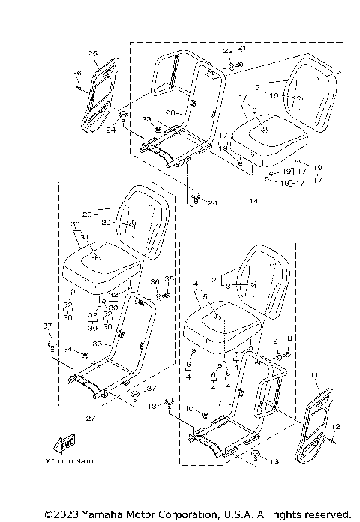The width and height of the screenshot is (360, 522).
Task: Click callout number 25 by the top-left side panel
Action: pyautogui.click(x=93, y=53)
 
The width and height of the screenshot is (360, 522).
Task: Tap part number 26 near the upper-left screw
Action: pyautogui.click(x=76, y=73)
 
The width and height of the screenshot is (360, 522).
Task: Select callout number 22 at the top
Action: pyautogui.click(x=227, y=49)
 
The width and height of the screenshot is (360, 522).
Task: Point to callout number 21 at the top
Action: pyautogui.click(x=241, y=48)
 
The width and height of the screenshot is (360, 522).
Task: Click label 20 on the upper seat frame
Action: pyautogui.click(x=169, y=112)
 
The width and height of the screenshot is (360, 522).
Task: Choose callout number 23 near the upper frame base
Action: pyautogui.click(x=146, y=120)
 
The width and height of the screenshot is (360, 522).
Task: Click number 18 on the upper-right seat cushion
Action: pyautogui.click(x=253, y=109)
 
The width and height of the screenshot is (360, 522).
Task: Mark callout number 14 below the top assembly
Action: pyautogui.click(x=253, y=202)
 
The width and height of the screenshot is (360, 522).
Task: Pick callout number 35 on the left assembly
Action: pyautogui.click(x=169, y=278)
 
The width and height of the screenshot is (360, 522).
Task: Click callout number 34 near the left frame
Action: pyautogui.click(x=67, y=349)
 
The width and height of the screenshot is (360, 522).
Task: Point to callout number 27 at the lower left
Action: pyautogui.click(x=91, y=417)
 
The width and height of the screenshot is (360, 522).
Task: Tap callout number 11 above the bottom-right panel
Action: pyautogui.click(x=313, y=373)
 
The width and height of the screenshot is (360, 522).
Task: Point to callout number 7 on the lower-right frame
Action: pyautogui.click(x=219, y=403)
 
